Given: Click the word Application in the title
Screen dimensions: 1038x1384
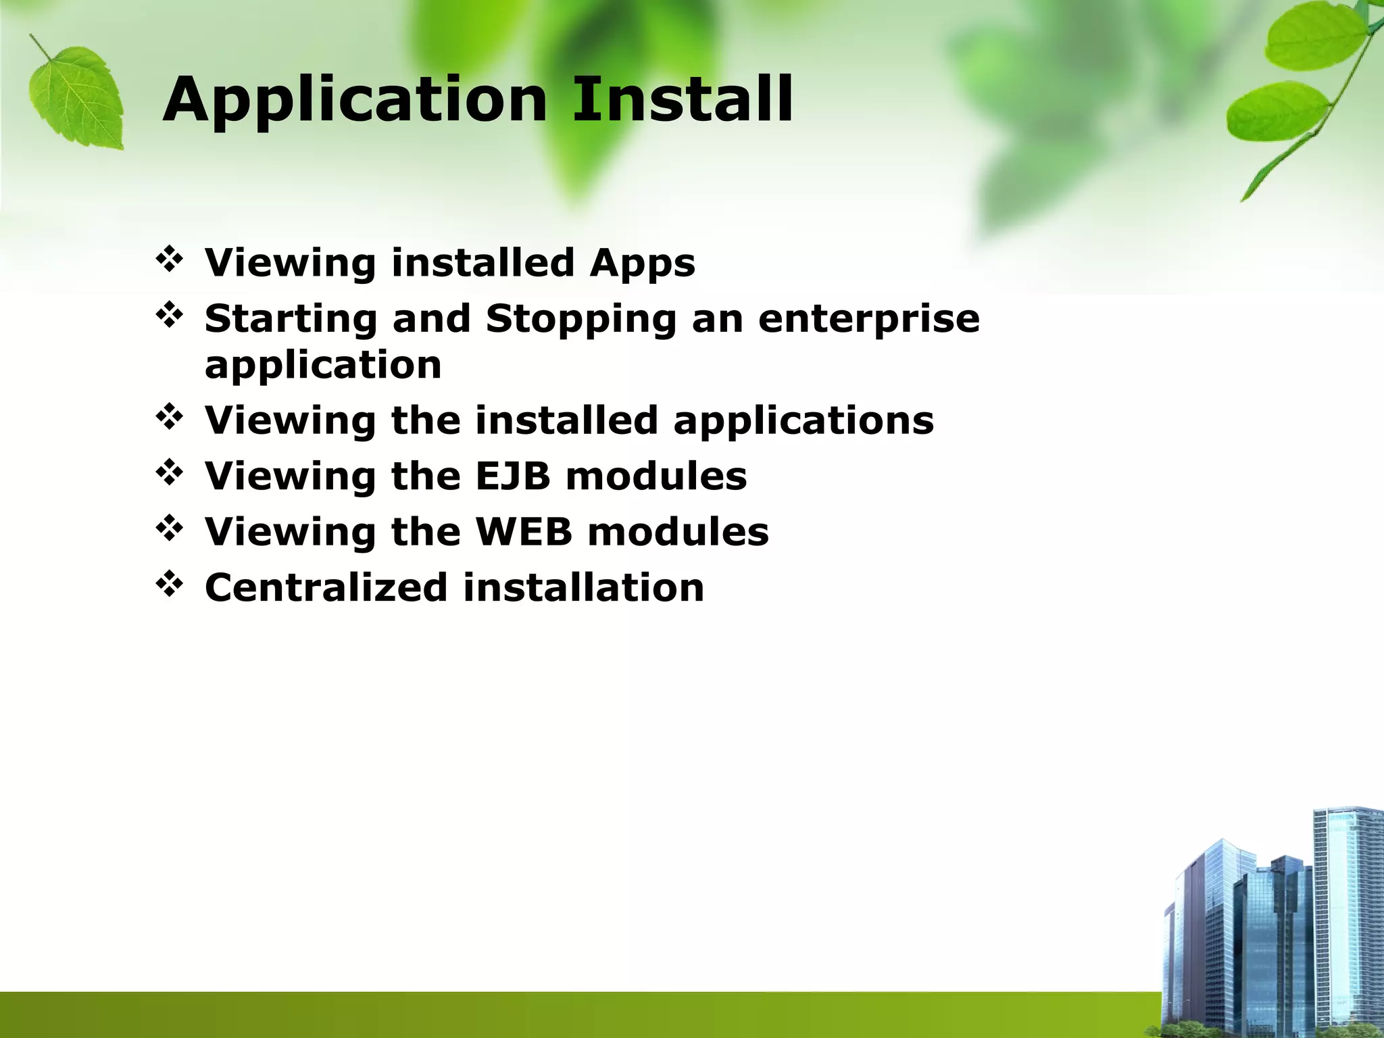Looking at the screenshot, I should pos(354,101).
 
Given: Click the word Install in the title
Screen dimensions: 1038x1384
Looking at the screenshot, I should pos(683,100).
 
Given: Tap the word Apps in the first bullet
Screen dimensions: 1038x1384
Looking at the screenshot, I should pos(642,264).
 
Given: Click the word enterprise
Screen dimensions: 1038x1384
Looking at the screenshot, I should pos(868,319).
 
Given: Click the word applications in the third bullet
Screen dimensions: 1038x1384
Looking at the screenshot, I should pos(804,421).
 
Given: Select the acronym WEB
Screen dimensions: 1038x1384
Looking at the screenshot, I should pos(524,531).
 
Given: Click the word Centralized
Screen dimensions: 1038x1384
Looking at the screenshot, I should pos(326,587).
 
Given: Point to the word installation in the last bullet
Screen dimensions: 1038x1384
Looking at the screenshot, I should pos(584,587).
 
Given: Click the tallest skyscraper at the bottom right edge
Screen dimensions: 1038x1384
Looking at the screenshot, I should pos(1345,906).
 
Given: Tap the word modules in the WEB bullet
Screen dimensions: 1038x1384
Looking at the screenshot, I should pos(678,531).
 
